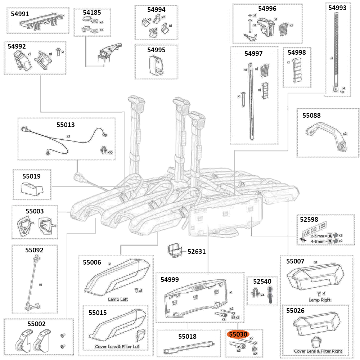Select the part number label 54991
(21, 14)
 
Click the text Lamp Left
(118, 299)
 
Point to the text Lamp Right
(319, 300)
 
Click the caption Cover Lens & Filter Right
(318, 351)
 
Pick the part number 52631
(197, 252)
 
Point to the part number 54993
(337, 8)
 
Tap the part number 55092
(34, 249)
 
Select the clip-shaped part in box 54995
(156, 66)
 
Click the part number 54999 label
(170, 280)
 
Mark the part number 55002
(36, 324)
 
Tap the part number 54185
(92, 13)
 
